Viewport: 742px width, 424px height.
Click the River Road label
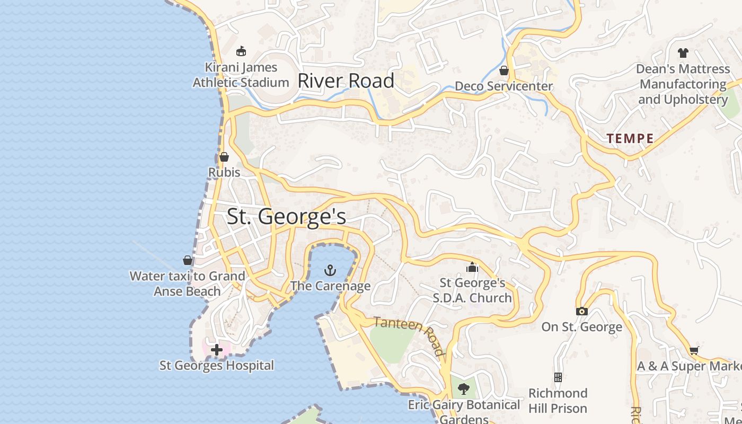point(346,81)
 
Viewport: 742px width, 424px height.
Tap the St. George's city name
point(286,217)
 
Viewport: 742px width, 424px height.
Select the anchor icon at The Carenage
point(330,270)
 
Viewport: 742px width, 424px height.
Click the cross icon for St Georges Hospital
point(216,350)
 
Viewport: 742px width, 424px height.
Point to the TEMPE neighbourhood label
point(630,139)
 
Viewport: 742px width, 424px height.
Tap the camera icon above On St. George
point(581,311)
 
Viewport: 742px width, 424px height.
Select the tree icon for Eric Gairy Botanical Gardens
point(464,389)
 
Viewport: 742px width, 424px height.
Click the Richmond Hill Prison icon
point(558,377)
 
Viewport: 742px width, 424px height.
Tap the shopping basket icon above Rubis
point(224,157)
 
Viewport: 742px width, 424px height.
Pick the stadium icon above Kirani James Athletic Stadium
point(241,51)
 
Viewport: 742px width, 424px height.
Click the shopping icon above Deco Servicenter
point(504,70)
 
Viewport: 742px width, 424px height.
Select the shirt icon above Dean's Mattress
point(683,53)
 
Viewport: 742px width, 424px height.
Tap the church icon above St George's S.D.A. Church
point(472,267)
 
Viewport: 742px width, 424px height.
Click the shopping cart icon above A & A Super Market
point(694,350)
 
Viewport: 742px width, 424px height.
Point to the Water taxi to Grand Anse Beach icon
point(188,260)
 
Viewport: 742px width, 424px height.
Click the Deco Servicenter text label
point(503,86)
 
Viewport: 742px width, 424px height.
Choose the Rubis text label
point(224,172)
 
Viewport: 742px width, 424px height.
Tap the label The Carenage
point(330,286)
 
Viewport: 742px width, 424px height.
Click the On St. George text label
point(581,327)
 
